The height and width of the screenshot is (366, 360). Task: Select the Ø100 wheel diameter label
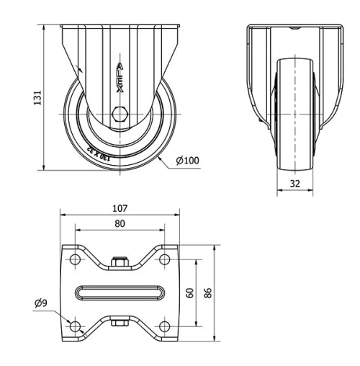pos(186,160)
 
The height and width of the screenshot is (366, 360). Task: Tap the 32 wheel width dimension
pos(295,183)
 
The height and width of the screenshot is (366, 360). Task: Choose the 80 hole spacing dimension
pos(120,224)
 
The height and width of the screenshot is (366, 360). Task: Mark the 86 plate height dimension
pos(207,293)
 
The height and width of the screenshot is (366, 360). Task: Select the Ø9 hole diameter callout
pos(41,303)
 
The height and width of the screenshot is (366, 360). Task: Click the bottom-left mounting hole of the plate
pos(75,326)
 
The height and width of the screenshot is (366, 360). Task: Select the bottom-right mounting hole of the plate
pos(164,326)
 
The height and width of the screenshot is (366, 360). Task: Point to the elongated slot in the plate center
pos(120,293)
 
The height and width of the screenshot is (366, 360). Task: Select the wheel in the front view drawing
pos(295,115)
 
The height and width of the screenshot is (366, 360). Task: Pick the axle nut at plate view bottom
pos(120,323)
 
